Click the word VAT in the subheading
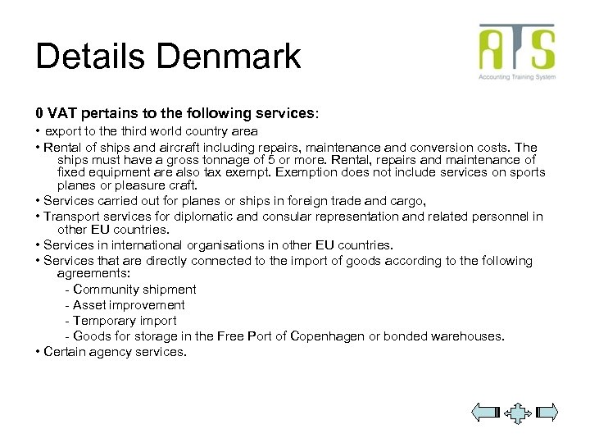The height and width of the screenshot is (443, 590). coord(62,111)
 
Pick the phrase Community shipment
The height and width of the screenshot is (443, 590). coord(134,290)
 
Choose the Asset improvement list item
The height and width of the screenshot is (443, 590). coord(129,305)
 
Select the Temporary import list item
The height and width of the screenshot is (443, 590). coord(125,321)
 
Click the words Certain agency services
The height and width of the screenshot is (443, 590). coord(115,352)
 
